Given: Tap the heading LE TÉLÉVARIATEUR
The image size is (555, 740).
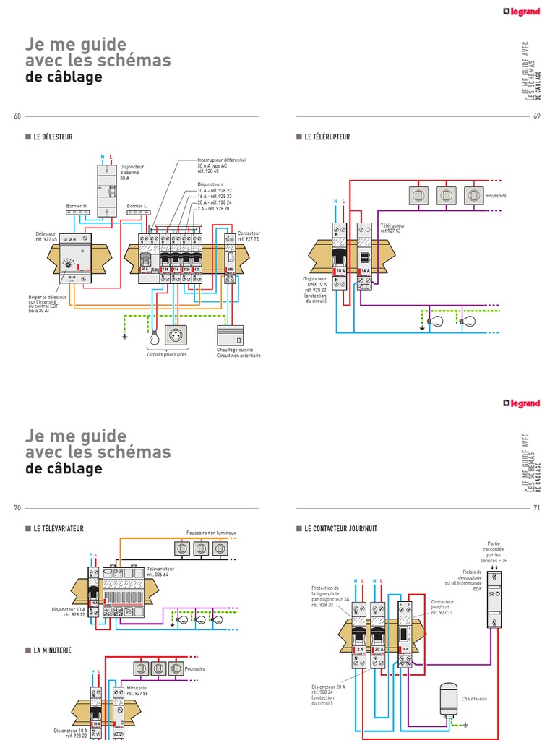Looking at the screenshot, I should (58, 528).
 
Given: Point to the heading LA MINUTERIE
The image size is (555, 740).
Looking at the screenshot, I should (52, 650).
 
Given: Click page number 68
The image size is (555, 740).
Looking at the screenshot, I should (17, 117).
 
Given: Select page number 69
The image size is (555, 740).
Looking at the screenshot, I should (537, 117).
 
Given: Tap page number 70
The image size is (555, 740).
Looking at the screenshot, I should (17, 508).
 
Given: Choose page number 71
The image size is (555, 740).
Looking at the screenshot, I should (537, 508).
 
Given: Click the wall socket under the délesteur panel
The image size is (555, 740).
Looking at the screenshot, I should (176, 335).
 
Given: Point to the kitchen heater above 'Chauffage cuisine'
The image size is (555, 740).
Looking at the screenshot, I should (231, 335).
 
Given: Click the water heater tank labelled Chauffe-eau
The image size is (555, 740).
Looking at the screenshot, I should (449, 699).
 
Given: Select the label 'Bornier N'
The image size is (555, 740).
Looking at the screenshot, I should (76, 206).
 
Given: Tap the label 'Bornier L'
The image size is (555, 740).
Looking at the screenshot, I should (137, 206).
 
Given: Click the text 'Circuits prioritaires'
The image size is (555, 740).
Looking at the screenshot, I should (166, 356).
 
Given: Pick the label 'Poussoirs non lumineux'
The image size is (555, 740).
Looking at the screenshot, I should (211, 533).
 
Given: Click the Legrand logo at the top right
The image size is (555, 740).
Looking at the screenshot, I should (521, 12).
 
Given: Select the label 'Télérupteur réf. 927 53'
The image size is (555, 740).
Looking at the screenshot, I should (393, 228).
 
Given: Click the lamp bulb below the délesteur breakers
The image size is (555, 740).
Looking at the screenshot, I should (152, 338).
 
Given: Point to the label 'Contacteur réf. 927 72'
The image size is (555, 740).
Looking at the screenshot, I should (249, 236).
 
